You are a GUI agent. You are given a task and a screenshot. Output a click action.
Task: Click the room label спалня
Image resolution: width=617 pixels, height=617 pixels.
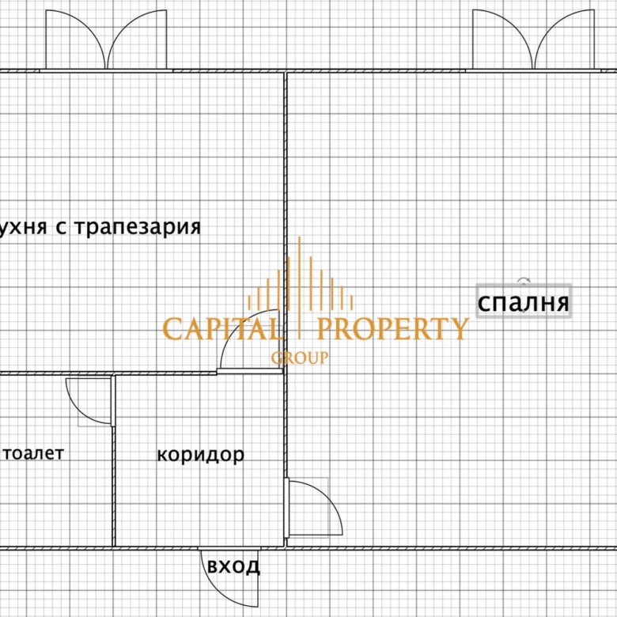coord(523,302)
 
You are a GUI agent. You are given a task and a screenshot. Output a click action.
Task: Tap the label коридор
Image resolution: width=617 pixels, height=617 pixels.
coord(200,455)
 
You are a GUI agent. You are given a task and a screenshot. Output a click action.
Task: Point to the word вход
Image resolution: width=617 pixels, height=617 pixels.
coord(233,566)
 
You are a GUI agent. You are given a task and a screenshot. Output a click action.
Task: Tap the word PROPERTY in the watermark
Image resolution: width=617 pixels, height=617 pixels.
coord(392,328)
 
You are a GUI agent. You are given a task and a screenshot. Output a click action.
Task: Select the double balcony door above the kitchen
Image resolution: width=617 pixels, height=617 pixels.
coord(107,41)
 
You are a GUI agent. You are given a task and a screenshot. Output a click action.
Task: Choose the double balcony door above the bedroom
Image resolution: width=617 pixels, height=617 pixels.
coord(533,41)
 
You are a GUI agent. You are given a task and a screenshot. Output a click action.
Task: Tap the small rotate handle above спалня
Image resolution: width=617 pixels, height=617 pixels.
coord(523,280)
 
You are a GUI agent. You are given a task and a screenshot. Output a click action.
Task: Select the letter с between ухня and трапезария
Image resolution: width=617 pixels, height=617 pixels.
coord(59,228)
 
